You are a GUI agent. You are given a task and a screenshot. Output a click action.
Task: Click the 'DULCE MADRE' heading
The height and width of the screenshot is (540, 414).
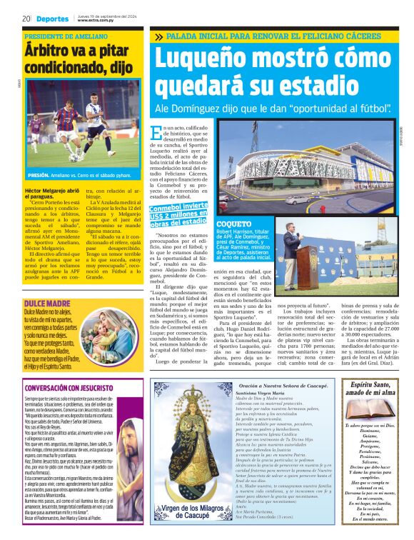pyautogui.click(x=46, y=284)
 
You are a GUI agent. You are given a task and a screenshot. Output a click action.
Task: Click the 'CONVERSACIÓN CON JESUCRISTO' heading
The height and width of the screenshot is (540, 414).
pyautogui.click(x=68, y=389)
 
